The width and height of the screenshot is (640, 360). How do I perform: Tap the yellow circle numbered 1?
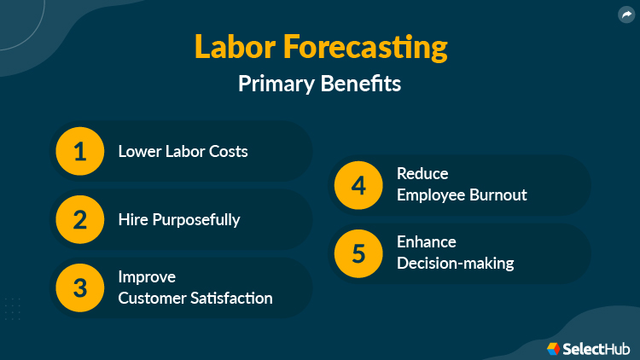point(80,152)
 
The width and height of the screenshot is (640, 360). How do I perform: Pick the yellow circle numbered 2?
point(80,219)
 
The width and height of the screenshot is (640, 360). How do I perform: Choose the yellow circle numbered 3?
point(80,287)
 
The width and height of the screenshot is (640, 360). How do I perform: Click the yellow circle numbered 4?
point(358,184)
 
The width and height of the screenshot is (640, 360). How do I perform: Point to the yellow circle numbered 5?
point(358,253)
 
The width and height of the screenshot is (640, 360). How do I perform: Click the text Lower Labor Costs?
point(183,152)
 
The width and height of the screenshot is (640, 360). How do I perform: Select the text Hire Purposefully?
point(179,219)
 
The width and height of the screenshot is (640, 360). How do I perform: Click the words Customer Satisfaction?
point(195,298)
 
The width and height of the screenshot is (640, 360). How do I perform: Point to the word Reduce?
point(422,174)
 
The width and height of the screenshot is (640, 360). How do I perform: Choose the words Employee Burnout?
point(462,195)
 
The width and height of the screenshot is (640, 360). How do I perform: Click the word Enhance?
point(427,242)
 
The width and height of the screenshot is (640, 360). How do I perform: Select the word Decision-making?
point(456,263)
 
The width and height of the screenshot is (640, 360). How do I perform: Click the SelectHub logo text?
point(595,348)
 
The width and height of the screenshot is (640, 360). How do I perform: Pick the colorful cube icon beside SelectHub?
point(554,348)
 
